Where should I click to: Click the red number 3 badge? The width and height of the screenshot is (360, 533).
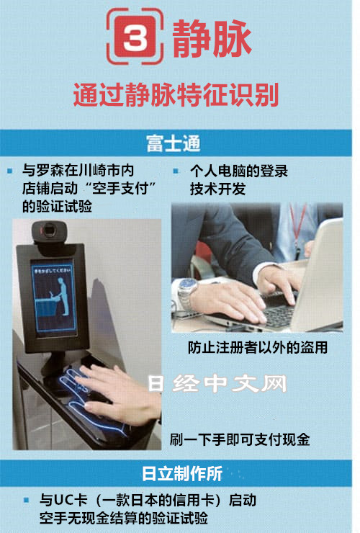[135, 37]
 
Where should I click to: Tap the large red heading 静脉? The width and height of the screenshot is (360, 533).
[212, 38]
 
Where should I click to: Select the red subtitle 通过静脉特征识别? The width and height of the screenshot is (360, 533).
[176, 94]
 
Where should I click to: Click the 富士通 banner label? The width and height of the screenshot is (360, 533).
[174, 143]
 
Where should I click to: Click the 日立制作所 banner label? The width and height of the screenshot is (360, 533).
[182, 473]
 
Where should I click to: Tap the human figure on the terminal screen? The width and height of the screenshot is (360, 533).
[63, 296]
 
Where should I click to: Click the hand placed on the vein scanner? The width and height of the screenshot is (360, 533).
[121, 395]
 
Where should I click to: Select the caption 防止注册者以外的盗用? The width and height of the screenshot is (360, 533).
[258, 347]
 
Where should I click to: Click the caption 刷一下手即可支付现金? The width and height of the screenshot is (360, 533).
[240, 439]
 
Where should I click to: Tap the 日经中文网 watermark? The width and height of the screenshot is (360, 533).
[217, 384]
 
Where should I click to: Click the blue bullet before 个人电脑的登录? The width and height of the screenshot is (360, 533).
[176, 171]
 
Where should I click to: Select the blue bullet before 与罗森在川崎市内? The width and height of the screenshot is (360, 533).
[10, 171]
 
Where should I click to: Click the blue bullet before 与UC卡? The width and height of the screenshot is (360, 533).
[26, 500]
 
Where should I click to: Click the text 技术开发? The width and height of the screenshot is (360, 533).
[217, 189]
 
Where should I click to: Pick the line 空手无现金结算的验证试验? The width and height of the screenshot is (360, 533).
[123, 519]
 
